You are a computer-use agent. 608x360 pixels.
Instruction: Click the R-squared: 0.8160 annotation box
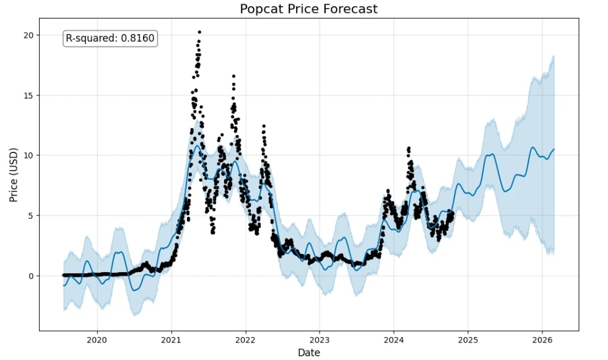(x=110, y=38)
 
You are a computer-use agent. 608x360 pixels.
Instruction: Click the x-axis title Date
(x=308, y=353)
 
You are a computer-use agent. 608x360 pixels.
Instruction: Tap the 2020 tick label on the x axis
(x=97, y=340)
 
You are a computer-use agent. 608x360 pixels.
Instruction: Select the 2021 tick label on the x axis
(x=171, y=340)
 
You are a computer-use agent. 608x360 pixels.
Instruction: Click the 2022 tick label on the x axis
(x=245, y=340)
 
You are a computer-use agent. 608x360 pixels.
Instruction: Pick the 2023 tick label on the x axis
(x=319, y=340)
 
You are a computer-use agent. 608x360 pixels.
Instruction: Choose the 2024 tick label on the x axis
(x=394, y=340)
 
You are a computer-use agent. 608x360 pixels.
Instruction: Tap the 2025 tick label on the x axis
(x=468, y=340)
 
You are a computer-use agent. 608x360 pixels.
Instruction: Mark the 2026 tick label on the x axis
(x=542, y=340)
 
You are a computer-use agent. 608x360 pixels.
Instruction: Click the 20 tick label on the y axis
(x=28, y=35)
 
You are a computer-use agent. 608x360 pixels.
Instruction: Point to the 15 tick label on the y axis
(x=28, y=95)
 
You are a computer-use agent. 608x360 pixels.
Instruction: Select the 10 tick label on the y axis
(x=28, y=156)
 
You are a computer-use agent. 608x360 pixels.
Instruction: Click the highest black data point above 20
(x=199, y=32)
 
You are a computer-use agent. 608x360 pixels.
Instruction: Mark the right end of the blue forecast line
(x=554, y=149)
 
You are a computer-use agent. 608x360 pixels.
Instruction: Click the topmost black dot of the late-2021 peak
(x=233, y=76)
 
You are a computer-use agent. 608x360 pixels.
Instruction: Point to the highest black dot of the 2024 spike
(x=409, y=148)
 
